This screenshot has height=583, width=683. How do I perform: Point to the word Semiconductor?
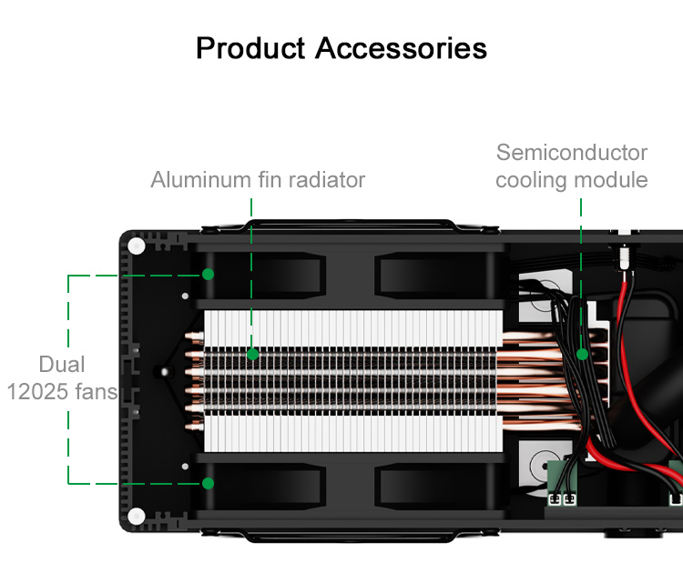(x=572, y=152)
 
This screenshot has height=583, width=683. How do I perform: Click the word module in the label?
(x=614, y=180)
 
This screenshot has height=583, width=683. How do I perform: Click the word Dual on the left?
(x=62, y=365)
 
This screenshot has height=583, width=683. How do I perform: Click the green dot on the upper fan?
(x=208, y=274)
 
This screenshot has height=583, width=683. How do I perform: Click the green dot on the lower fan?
(x=208, y=483)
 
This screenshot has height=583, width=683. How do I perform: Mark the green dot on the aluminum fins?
(x=252, y=354)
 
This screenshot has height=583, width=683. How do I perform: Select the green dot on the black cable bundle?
(x=581, y=354)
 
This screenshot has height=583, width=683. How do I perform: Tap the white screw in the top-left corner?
(x=137, y=246)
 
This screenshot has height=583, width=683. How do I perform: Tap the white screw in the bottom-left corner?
(x=137, y=514)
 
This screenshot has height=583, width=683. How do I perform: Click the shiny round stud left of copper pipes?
(x=162, y=371)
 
